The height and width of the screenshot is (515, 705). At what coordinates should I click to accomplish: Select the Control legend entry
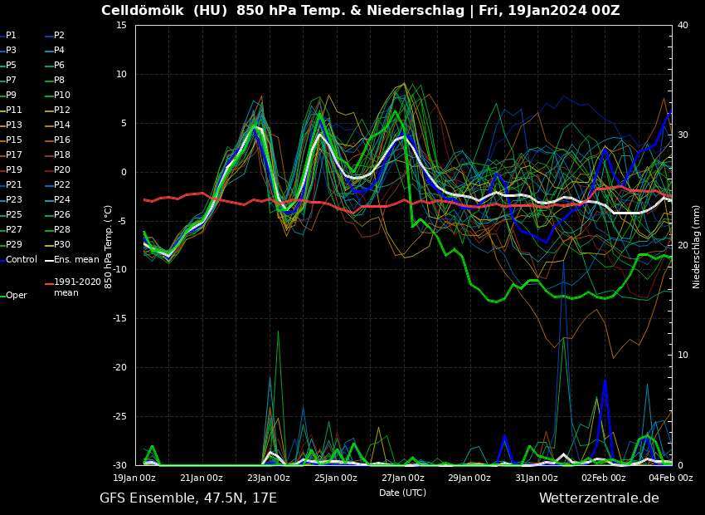tap(22, 259)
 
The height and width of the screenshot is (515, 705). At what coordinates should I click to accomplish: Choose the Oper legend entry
tap(17, 295)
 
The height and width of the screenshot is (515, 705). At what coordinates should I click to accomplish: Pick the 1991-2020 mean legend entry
tap(77, 287)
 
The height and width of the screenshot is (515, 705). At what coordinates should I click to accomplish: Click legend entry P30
tap(62, 244)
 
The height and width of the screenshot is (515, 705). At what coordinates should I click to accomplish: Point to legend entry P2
tap(59, 35)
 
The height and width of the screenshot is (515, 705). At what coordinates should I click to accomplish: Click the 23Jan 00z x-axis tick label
tap(268, 478)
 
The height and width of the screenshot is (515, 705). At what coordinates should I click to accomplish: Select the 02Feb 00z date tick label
tap(603, 478)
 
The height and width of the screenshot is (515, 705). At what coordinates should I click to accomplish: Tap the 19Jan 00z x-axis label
tap(134, 478)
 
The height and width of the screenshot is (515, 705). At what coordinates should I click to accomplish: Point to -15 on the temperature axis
tap(120, 318)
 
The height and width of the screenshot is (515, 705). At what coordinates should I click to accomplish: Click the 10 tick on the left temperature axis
tap(121, 75)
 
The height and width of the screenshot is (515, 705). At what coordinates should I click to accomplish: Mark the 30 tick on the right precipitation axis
tap(683, 135)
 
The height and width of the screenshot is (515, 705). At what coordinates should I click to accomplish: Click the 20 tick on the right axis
tap(683, 245)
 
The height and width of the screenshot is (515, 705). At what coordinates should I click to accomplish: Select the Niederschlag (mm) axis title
tap(697, 247)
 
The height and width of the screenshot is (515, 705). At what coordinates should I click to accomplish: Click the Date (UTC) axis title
tap(403, 493)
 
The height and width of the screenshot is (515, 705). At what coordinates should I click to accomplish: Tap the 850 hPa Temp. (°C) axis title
tap(108, 247)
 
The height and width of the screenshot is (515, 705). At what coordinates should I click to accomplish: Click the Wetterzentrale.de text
tap(599, 498)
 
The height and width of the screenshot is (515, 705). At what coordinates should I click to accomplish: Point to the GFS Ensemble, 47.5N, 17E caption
tap(188, 498)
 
